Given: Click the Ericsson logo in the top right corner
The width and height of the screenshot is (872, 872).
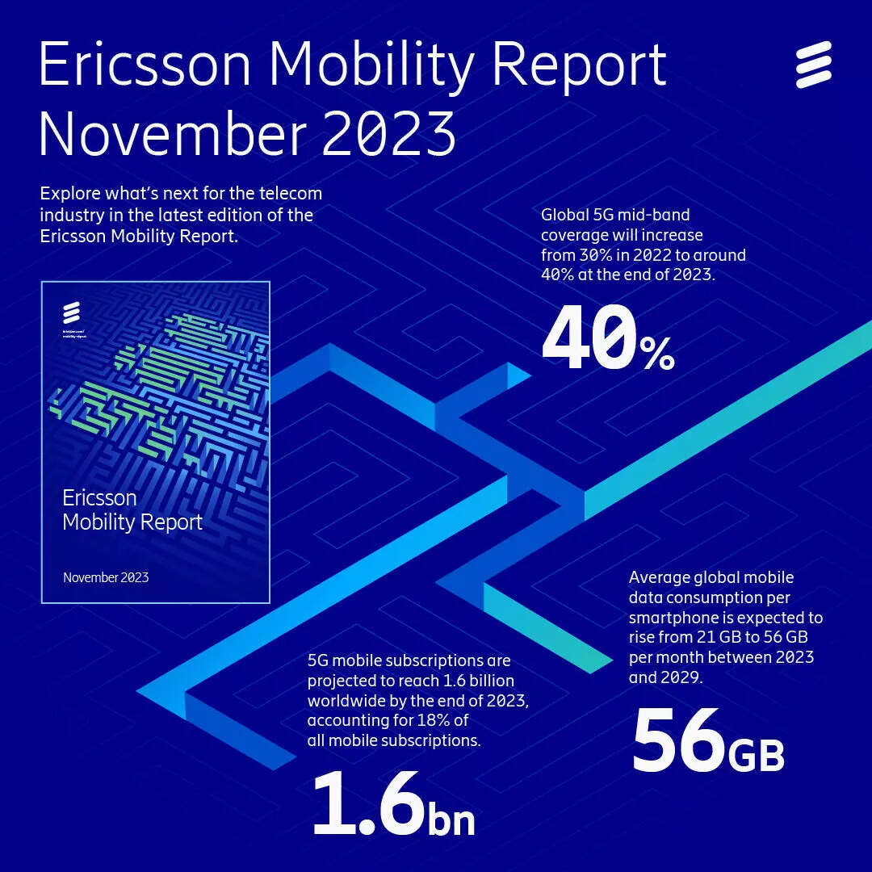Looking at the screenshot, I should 813,65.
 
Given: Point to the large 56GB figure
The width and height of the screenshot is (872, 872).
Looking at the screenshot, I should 707,742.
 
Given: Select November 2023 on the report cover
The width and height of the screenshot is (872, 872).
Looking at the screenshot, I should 106,577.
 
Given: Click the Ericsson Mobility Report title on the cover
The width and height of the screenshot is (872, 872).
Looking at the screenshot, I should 132,509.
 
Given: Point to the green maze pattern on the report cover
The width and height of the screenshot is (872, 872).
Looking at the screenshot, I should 161,379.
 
